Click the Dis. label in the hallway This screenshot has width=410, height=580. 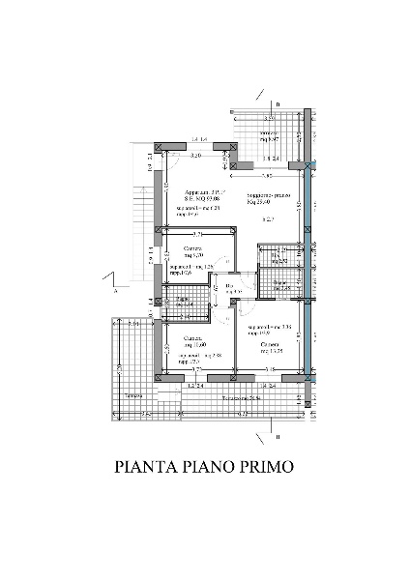230,285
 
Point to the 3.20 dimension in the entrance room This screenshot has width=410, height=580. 195,155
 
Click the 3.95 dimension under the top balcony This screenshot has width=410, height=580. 263,176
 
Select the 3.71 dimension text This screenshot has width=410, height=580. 196,234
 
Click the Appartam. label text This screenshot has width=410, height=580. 197,192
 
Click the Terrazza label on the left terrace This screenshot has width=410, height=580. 134,397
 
